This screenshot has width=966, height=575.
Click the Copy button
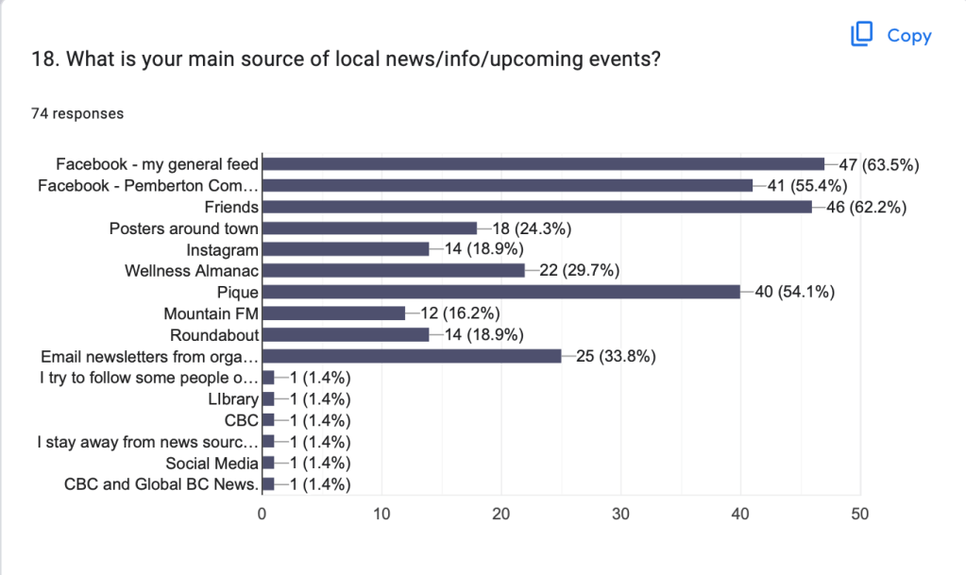tap(891, 36)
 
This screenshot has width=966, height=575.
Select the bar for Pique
tap(500, 292)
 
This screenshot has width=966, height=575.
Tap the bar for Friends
tap(536, 206)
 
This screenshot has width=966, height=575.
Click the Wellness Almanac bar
tap(393, 271)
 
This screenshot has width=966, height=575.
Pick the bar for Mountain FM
tap(333, 313)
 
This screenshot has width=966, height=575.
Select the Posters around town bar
tap(369, 228)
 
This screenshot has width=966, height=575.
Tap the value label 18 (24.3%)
tap(531, 228)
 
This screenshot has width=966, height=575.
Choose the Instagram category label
tap(222, 249)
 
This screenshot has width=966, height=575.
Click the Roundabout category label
tap(214, 335)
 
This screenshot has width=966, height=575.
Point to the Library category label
tap(233, 399)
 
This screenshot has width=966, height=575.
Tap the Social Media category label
tap(212, 463)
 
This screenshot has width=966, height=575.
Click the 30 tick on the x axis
tap(621, 515)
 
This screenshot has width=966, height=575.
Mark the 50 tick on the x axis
tap(860, 515)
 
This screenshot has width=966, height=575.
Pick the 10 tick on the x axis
tap(381, 515)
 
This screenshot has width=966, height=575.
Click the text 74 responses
tap(78, 114)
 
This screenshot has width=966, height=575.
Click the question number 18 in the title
tap(42, 59)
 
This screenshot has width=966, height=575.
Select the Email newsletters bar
tap(411, 356)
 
